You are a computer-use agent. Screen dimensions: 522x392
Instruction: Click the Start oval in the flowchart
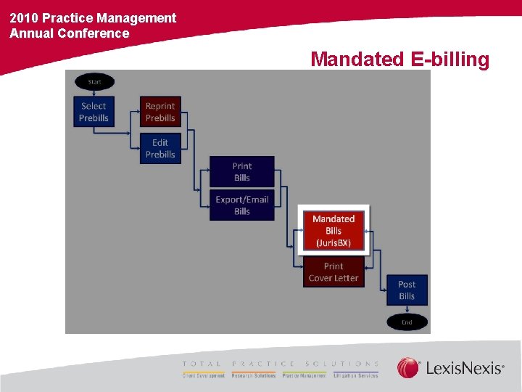coord(94,82)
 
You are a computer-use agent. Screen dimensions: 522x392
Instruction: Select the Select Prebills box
coord(94,112)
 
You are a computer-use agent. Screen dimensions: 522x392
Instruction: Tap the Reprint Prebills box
coord(160,112)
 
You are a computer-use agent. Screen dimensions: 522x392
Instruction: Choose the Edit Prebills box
coord(160,148)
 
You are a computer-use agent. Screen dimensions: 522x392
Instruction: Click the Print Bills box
coord(242,171)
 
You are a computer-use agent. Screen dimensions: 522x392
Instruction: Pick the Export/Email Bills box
coord(242,205)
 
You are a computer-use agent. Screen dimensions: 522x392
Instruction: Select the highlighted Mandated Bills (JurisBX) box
coord(333,230)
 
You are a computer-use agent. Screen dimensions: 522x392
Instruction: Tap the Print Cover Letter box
coord(333,271)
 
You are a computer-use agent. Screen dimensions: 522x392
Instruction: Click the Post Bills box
coord(407,290)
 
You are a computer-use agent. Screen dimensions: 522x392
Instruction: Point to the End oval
coord(407,322)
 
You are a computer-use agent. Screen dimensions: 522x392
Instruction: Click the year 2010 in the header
coord(24,17)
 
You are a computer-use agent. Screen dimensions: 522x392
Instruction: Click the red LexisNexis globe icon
coord(408,368)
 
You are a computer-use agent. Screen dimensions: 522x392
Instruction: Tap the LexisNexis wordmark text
coord(464,369)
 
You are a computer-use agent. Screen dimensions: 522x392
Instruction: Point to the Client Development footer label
coord(204,376)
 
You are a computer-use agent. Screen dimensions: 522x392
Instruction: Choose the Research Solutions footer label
coord(254,376)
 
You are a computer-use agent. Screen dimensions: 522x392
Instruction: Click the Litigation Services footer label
coord(356,376)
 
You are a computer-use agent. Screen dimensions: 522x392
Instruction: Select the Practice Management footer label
coord(304,376)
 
